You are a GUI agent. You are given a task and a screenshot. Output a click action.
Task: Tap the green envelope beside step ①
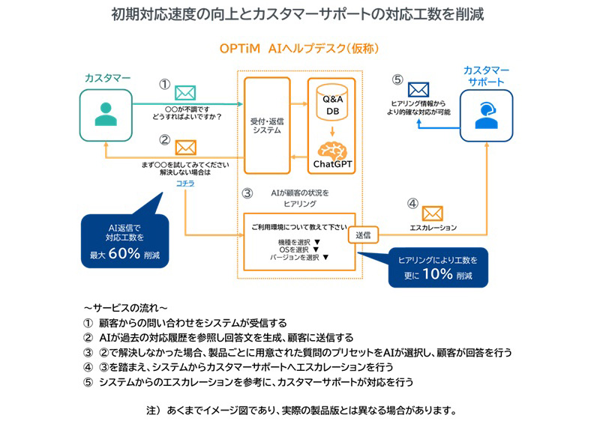[x=184, y=92]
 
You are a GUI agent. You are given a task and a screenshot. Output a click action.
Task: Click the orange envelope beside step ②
[x=184, y=148]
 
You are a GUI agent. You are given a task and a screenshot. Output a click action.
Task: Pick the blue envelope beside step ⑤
[x=418, y=90]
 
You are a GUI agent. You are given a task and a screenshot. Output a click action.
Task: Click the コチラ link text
[x=184, y=183]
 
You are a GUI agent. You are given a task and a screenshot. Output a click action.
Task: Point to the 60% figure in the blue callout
[x=124, y=253]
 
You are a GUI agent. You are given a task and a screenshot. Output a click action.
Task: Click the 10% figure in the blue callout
[x=436, y=273]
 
